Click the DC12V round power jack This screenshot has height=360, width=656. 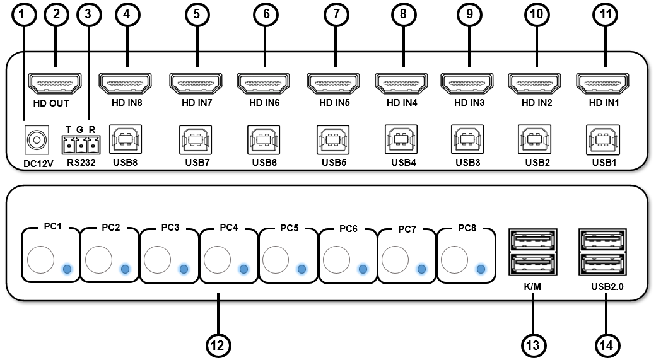36,139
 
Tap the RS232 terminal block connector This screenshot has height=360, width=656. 80,145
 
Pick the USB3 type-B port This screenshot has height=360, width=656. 467,139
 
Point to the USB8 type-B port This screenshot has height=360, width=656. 126,139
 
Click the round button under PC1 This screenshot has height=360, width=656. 40,258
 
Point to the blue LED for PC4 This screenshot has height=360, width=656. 243,269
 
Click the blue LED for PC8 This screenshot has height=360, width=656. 481,269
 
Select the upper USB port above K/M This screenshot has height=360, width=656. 533,242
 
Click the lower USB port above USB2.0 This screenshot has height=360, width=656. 604,264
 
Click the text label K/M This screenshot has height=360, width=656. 533,287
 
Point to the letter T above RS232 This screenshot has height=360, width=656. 68,130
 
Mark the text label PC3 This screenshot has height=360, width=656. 170,227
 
